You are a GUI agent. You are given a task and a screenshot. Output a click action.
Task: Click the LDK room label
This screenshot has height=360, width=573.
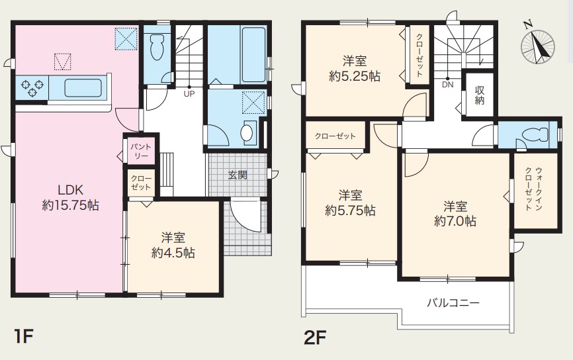[71, 190]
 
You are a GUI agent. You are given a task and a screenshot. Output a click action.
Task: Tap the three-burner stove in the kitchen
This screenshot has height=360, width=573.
[32, 88]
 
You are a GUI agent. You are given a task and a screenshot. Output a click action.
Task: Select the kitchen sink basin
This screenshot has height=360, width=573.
[83, 88]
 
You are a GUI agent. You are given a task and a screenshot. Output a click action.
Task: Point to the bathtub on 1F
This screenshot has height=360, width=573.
[253, 54]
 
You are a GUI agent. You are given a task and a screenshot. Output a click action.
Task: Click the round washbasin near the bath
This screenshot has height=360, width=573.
[247, 133]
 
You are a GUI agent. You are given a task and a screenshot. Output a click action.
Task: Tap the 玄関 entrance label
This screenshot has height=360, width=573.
[238, 175]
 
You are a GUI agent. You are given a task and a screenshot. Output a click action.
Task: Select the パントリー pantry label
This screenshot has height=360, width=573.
[141, 151]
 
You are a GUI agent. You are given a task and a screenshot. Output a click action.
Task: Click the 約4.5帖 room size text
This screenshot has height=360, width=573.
[173, 253]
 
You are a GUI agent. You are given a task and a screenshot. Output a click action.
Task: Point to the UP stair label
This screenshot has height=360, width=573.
[189, 94]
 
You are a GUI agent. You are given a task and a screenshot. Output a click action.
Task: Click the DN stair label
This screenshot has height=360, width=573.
[448, 85]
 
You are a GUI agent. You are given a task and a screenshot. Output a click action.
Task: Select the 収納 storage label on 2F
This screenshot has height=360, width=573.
[480, 95]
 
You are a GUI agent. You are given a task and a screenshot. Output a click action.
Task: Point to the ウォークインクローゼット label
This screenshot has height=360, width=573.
[533, 189]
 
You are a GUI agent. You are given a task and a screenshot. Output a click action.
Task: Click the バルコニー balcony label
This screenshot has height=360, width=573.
[453, 302]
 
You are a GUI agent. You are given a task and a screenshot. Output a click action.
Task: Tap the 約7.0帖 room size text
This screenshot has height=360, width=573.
[455, 221]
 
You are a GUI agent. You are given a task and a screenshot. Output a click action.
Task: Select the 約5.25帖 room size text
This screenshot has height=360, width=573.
[355, 76]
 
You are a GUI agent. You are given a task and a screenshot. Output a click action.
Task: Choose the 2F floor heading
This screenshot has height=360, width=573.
[315, 337]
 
